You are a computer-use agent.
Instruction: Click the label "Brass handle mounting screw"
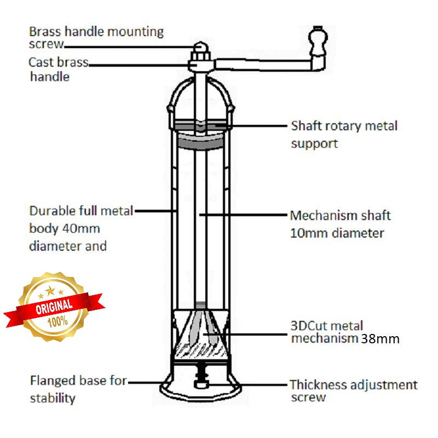(x=96, y=37)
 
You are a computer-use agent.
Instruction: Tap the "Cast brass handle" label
(x=58, y=69)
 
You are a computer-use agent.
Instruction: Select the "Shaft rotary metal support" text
(x=344, y=134)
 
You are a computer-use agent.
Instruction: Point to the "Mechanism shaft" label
(x=340, y=216)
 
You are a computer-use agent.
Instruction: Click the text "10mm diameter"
(x=337, y=233)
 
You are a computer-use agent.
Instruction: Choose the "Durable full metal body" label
(x=81, y=211)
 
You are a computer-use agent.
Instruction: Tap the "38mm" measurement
(x=380, y=339)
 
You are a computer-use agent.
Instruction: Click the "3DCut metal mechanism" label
(x=326, y=332)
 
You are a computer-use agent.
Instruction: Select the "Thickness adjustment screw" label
(x=353, y=391)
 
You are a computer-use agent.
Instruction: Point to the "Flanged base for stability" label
(x=78, y=388)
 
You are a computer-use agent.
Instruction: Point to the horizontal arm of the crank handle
(x=263, y=65)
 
